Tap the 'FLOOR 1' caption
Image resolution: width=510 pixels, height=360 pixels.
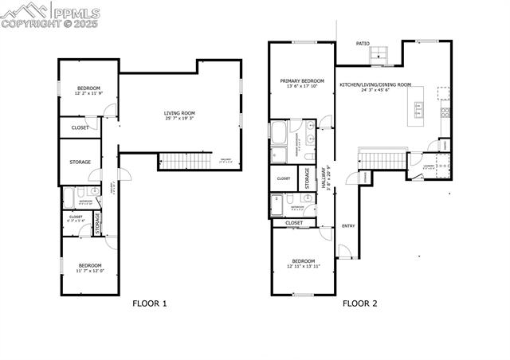tap(149, 303)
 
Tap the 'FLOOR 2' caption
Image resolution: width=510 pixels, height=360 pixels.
tap(361, 303)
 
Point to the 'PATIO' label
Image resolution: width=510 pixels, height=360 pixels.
tap(363, 45)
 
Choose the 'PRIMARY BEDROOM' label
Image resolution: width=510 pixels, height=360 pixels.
tap(302, 81)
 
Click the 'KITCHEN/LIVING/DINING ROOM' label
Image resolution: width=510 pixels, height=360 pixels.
tap(375, 84)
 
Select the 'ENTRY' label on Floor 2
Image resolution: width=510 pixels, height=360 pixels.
tap(348, 226)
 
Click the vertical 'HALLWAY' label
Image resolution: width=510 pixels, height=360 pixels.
tap(324, 178)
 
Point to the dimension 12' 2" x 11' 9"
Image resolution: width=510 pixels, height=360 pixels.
tap(88, 93)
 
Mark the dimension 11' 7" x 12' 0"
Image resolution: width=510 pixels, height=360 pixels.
tap(89, 271)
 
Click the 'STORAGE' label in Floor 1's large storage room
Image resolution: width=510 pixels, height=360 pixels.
tap(80, 162)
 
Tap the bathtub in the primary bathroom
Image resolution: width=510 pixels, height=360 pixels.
tap(280, 131)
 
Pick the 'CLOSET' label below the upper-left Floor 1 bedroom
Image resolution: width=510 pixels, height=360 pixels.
tap(80, 127)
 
